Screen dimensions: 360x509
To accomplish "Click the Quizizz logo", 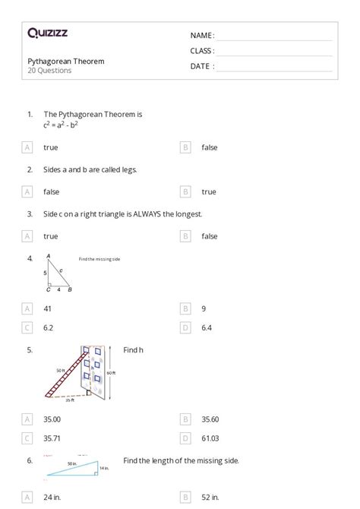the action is point(47,33).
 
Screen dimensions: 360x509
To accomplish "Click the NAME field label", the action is point(202,36).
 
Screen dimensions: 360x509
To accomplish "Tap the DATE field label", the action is point(202,66).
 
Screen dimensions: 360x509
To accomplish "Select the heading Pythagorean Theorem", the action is point(66,61).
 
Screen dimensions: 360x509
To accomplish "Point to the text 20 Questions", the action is point(50,71).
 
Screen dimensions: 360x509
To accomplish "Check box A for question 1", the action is point(28,147).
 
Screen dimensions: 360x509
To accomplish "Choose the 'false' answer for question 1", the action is point(209,147).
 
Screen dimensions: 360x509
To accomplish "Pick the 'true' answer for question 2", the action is point(209,192).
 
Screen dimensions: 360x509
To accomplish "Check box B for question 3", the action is point(185,236).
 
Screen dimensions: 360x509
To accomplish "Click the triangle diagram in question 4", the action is point(58,273).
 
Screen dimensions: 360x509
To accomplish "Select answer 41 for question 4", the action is point(48,308).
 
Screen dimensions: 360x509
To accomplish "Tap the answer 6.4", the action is point(207,327).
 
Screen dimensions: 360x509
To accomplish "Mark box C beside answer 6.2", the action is point(28,327).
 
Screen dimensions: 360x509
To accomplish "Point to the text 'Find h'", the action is point(133,350).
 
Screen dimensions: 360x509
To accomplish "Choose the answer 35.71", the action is point(52,438).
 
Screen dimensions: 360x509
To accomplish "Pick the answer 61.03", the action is point(210,438).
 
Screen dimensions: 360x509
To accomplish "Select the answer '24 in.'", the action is point(52,498).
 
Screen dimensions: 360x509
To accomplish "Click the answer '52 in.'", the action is point(210,498).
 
